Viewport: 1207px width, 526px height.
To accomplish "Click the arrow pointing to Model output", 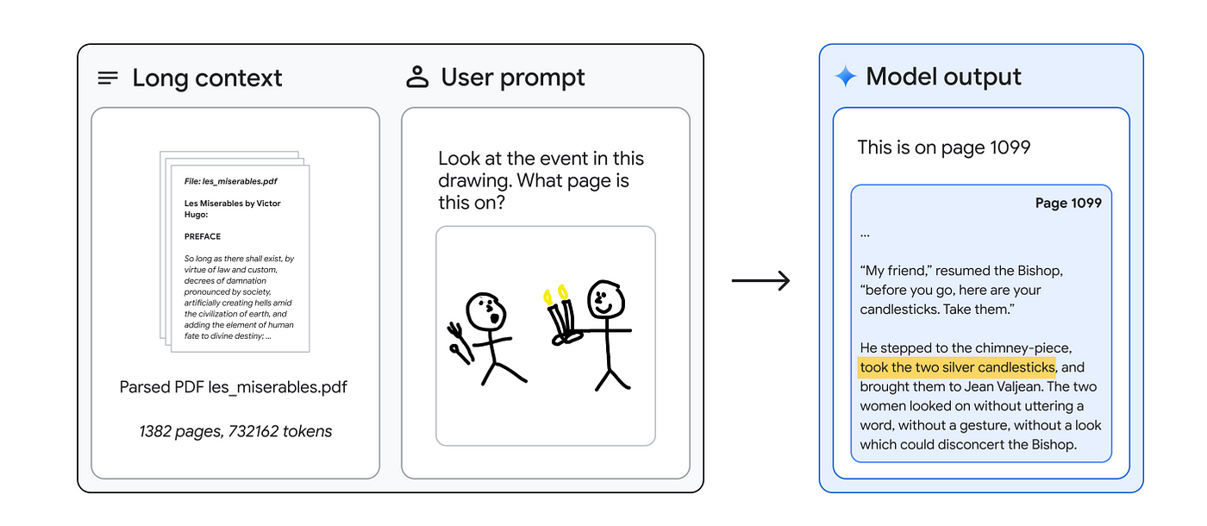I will [761, 281].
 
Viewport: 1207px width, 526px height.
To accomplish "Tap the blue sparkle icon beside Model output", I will [846, 77].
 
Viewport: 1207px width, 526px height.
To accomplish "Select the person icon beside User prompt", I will [417, 77].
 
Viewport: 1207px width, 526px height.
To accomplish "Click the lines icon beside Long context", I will [108, 78].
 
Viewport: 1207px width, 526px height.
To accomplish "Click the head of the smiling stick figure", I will [604, 299].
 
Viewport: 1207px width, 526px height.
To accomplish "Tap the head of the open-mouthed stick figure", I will [483, 311].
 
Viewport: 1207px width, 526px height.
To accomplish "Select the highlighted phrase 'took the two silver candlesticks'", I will [957, 367].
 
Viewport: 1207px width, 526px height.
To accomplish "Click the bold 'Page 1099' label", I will [1068, 204].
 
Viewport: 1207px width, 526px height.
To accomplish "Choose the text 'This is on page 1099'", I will [944, 147].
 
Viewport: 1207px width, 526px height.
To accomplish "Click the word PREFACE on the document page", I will [203, 236].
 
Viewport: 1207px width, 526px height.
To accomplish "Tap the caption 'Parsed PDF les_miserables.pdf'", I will [234, 386].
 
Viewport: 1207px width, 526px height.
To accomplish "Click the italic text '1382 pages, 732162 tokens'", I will [235, 431].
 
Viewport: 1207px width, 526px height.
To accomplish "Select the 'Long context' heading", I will [207, 78].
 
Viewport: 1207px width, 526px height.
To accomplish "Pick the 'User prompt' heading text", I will [513, 77].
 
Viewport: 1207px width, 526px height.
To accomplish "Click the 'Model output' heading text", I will [943, 77].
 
